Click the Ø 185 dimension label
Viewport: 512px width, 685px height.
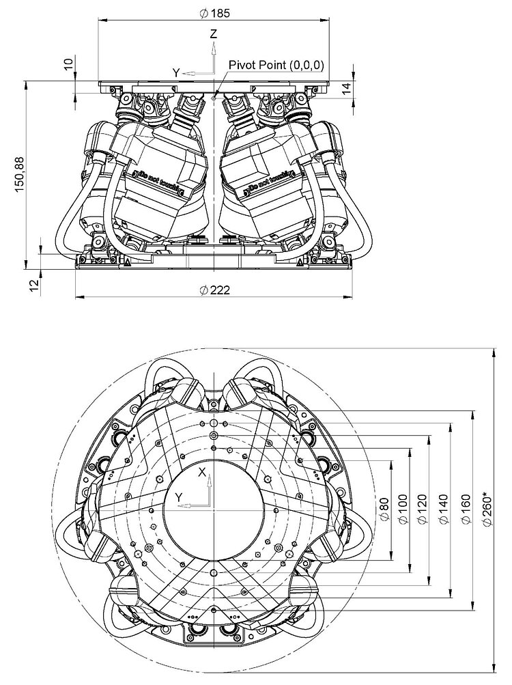pyautogui.click(x=214, y=12)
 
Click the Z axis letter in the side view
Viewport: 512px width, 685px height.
pyautogui.click(x=214, y=33)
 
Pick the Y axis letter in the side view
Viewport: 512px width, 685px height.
pyautogui.click(x=175, y=71)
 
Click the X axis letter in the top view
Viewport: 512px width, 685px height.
pyautogui.click(x=202, y=472)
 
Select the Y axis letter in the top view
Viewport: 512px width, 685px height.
pyautogui.click(x=179, y=497)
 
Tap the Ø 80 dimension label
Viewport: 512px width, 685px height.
pyautogui.click(x=382, y=509)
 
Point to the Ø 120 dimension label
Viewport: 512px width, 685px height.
pyautogui.click(x=423, y=509)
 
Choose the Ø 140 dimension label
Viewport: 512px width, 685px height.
pyautogui.click(x=444, y=509)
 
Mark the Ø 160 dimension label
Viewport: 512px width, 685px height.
pyautogui.click(x=466, y=509)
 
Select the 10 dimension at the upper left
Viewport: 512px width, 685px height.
pyautogui.click(x=68, y=64)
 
